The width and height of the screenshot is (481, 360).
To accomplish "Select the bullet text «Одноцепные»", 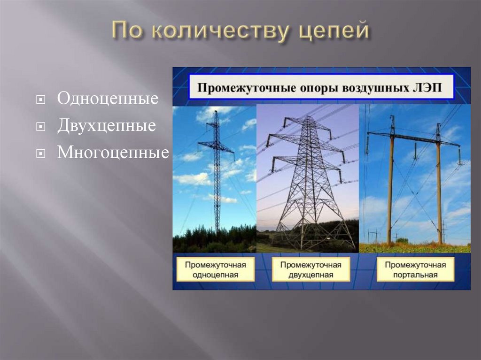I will coord(108,99).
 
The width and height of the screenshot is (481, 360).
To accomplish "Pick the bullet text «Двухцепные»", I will coord(107,126).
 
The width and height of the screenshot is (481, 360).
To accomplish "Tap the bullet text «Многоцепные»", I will coord(113,153).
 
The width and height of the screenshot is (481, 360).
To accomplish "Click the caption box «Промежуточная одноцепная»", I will coord(215,269).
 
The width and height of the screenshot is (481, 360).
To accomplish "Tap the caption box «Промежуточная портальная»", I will coord(415,269).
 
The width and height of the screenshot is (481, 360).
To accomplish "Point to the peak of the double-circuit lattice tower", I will coord(308,117).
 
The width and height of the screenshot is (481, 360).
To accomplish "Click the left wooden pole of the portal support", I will coord(390,188).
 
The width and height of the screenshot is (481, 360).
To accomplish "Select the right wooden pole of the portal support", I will coord(439,188).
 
